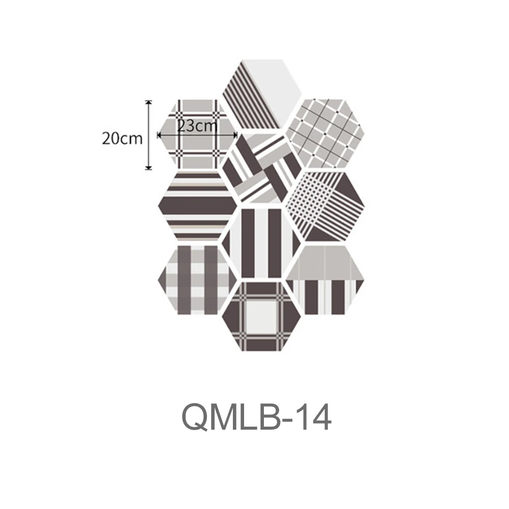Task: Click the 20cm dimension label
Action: click(122, 138)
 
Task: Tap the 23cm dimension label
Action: click(197, 126)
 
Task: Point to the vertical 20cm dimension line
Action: click(148, 147)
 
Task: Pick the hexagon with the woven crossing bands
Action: click(261, 168)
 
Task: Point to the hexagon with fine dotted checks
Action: click(323, 206)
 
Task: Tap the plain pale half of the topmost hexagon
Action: click(275, 81)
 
